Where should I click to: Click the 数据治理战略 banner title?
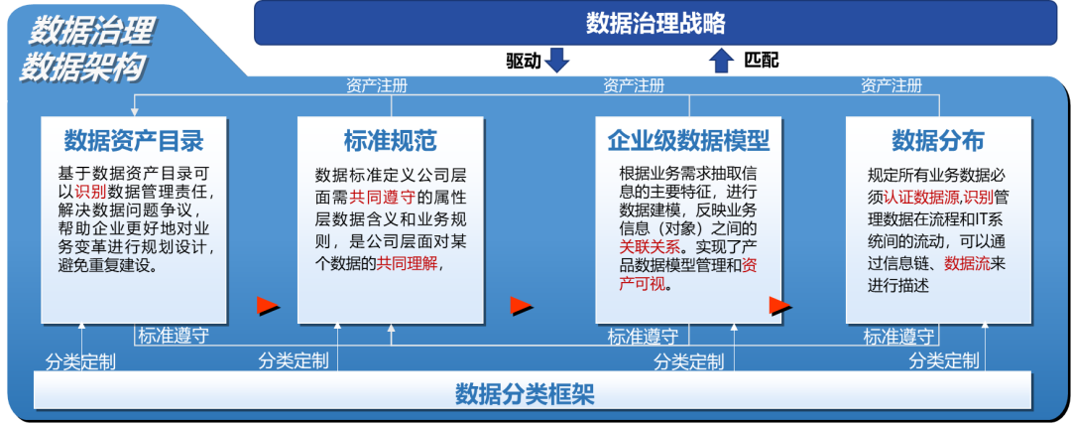(655, 23)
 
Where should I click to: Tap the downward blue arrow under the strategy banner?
(558, 61)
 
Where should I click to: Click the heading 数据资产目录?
(134, 139)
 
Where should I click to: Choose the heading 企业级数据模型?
(688, 139)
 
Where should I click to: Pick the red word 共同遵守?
(383, 196)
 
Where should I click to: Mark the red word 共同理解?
(405, 263)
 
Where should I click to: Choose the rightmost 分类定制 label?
(944, 359)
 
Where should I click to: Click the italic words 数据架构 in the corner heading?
(85, 66)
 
